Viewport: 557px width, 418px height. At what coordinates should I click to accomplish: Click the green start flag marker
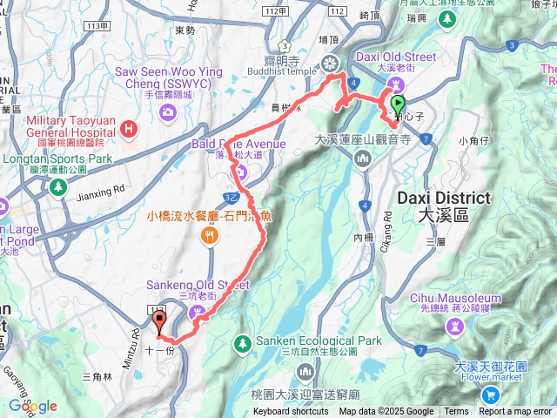[x=399, y=103]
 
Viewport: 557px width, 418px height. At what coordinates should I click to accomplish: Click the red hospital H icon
[x=129, y=131]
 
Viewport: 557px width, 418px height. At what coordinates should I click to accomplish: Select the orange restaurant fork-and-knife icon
[x=209, y=235]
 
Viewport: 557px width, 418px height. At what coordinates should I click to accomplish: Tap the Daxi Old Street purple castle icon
[x=397, y=83]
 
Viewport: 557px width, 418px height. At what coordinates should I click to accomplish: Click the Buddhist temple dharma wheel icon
[x=330, y=63]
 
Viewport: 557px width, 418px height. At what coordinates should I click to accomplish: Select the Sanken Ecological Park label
[x=332, y=340]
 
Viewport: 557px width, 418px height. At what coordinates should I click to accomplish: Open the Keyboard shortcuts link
[x=291, y=412]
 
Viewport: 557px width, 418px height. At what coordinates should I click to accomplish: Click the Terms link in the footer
[x=456, y=412]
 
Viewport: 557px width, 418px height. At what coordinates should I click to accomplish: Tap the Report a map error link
[x=515, y=412]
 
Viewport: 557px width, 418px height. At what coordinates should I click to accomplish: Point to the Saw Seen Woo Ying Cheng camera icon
[x=166, y=112]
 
